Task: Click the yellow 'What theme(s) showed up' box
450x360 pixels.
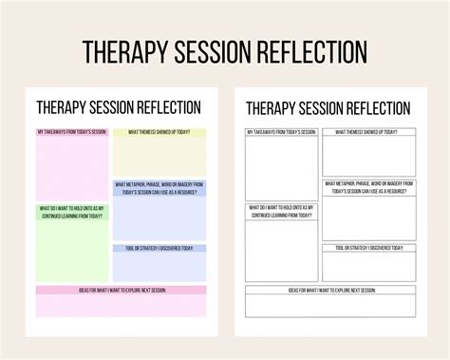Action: click(159, 157)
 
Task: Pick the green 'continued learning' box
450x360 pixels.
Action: click(72, 242)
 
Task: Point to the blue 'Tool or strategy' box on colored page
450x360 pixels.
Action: click(159, 264)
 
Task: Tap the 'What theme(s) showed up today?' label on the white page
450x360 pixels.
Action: click(369, 132)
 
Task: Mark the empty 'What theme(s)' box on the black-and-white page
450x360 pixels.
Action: click(369, 156)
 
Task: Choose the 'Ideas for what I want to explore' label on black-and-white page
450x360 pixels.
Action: click(331, 289)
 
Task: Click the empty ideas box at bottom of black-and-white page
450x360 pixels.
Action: click(331, 305)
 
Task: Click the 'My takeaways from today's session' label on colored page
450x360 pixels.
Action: click(72, 132)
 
